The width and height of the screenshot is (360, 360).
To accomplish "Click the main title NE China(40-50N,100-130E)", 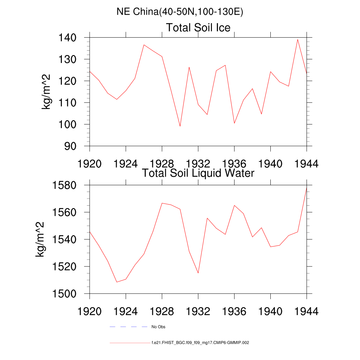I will pos(180,12).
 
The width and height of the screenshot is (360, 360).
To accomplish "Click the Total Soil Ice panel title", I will pos(198,27).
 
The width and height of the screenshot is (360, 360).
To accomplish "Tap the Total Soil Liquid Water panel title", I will pos(198,173).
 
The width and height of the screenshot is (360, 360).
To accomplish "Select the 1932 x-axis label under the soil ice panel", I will pos(198,164).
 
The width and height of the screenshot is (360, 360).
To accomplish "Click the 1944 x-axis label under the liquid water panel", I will pos(307,312).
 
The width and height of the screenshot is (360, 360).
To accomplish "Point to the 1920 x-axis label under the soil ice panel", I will pos(90,164).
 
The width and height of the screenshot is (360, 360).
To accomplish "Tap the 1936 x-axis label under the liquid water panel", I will pos(234,312).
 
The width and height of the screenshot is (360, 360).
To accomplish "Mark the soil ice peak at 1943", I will pos(297,39).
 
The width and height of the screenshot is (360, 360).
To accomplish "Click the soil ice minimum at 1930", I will pos(180,126).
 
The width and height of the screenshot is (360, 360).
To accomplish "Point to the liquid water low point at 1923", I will pos(117,282).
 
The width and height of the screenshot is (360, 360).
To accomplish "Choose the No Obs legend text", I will pos(158,327).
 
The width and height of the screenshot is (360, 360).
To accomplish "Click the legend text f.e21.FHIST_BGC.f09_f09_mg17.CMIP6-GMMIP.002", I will pos(200,342).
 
